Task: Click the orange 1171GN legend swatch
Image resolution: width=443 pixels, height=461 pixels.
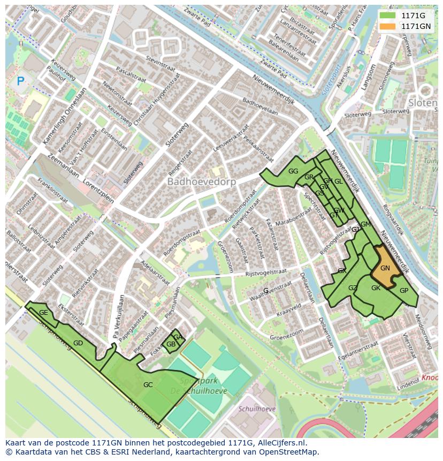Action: [388, 26]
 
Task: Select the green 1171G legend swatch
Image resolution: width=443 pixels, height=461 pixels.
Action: [388, 16]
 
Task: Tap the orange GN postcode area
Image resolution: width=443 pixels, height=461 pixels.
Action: [385, 268]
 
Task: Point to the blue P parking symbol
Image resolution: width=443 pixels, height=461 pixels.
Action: [20, 81]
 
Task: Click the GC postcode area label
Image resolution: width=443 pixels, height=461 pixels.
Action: [148, 384]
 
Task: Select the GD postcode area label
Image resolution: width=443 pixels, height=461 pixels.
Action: [78, 343]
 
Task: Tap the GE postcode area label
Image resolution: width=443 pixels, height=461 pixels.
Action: [43, 313]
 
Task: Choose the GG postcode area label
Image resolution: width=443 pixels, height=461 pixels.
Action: [293, 171]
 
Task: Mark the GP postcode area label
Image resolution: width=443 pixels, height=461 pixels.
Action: [404, 291]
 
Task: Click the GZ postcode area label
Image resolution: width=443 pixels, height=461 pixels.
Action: [353, 288]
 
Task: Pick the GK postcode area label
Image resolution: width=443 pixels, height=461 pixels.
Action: [376, 288]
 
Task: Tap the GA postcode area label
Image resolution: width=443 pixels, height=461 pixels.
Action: [178, 337]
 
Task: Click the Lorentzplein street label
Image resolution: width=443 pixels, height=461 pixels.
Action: [98, 191]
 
